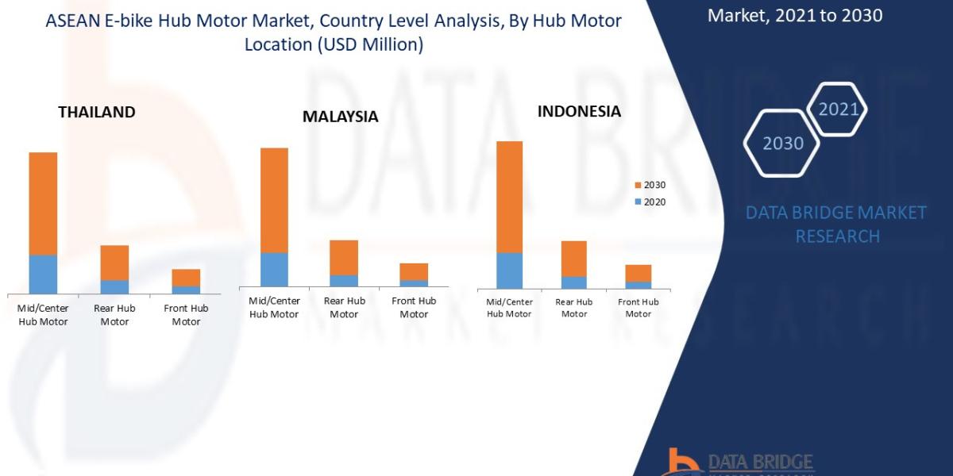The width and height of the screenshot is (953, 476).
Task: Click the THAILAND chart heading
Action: (x=97, y=112)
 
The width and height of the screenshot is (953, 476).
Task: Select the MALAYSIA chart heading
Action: (x=340, y=117)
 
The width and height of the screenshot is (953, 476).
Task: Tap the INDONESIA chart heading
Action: (x=579, y=111)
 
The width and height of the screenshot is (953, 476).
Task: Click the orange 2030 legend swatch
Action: (x=638, y=186)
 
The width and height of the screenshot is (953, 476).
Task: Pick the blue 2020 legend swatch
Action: (x=638, y=202)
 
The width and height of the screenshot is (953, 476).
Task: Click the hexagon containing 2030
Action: (x=782, y=144)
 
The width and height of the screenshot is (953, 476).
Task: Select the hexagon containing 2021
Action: (x=837, y=109)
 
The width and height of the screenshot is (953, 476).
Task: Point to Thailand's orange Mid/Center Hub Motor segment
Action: (x=43, y=203)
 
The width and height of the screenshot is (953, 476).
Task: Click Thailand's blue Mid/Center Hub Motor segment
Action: (x=43, y=274)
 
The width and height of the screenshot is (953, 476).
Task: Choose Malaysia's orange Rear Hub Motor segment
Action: (x=344, y=257)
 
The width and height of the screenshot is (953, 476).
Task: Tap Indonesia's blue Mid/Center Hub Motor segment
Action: (x=509, y=271)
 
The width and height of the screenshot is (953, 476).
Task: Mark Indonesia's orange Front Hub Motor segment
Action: (x=638, y=273)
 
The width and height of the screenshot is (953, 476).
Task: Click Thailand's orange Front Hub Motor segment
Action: (x=186, y=277)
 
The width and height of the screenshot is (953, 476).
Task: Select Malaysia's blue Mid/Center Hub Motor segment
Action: (x=274, y=269)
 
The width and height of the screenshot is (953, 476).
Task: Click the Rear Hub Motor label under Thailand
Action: (x=114, y=315)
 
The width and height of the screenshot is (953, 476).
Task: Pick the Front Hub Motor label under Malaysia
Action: (x=414, y=308)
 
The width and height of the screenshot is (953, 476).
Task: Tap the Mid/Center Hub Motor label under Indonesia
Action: (x=509, y=308)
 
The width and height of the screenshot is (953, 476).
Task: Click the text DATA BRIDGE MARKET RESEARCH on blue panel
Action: (x=837, y=225)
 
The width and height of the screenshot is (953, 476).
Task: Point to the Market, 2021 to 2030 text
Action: (x=794, y=15)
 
